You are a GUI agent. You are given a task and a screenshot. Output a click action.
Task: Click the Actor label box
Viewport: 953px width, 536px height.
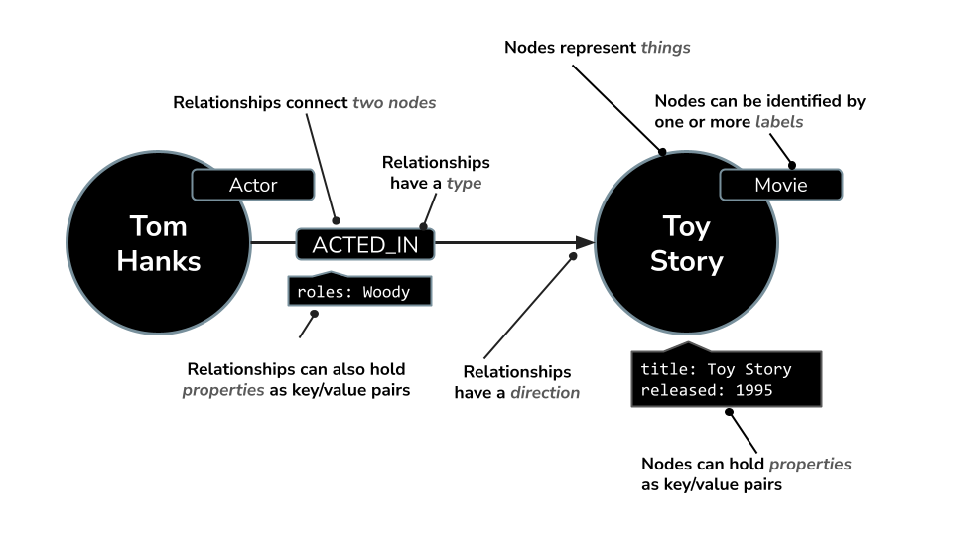tap(253, 185)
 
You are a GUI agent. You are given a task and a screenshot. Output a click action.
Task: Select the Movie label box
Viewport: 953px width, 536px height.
tap(780, 185)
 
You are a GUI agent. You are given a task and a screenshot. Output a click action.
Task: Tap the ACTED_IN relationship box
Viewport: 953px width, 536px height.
tap(365, 243)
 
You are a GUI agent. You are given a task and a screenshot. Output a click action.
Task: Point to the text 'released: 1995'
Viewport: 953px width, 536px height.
tap(706, 390)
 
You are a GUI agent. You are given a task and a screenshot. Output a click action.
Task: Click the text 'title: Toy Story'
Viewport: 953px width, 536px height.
tap(716, 369)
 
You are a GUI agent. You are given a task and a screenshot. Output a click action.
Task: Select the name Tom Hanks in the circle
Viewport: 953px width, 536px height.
tap(159, 243)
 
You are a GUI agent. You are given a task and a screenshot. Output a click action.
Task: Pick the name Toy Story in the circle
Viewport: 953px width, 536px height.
tap(686, 243)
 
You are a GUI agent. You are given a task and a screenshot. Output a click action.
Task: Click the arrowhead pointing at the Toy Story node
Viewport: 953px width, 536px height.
tap(584, 242)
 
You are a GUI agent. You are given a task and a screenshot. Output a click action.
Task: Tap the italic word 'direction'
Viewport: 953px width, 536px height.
tap(545, 392)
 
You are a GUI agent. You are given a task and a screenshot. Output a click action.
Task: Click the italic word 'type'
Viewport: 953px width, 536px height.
tap(464, 184)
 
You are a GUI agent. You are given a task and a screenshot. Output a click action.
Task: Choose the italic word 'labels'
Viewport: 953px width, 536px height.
tap(779, 122)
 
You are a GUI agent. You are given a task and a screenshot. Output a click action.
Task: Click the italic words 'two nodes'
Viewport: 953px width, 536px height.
tap(394, 102)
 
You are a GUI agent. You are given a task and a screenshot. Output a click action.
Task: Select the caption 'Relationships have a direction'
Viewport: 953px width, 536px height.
tap(516, 382)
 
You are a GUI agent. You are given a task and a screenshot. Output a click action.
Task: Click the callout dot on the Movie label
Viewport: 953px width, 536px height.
tap(792, 165)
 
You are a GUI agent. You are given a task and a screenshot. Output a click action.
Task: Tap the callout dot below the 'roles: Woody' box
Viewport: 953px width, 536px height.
tap(315, 316)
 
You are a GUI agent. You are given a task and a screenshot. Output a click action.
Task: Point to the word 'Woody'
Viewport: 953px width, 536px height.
tap(385, 292)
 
